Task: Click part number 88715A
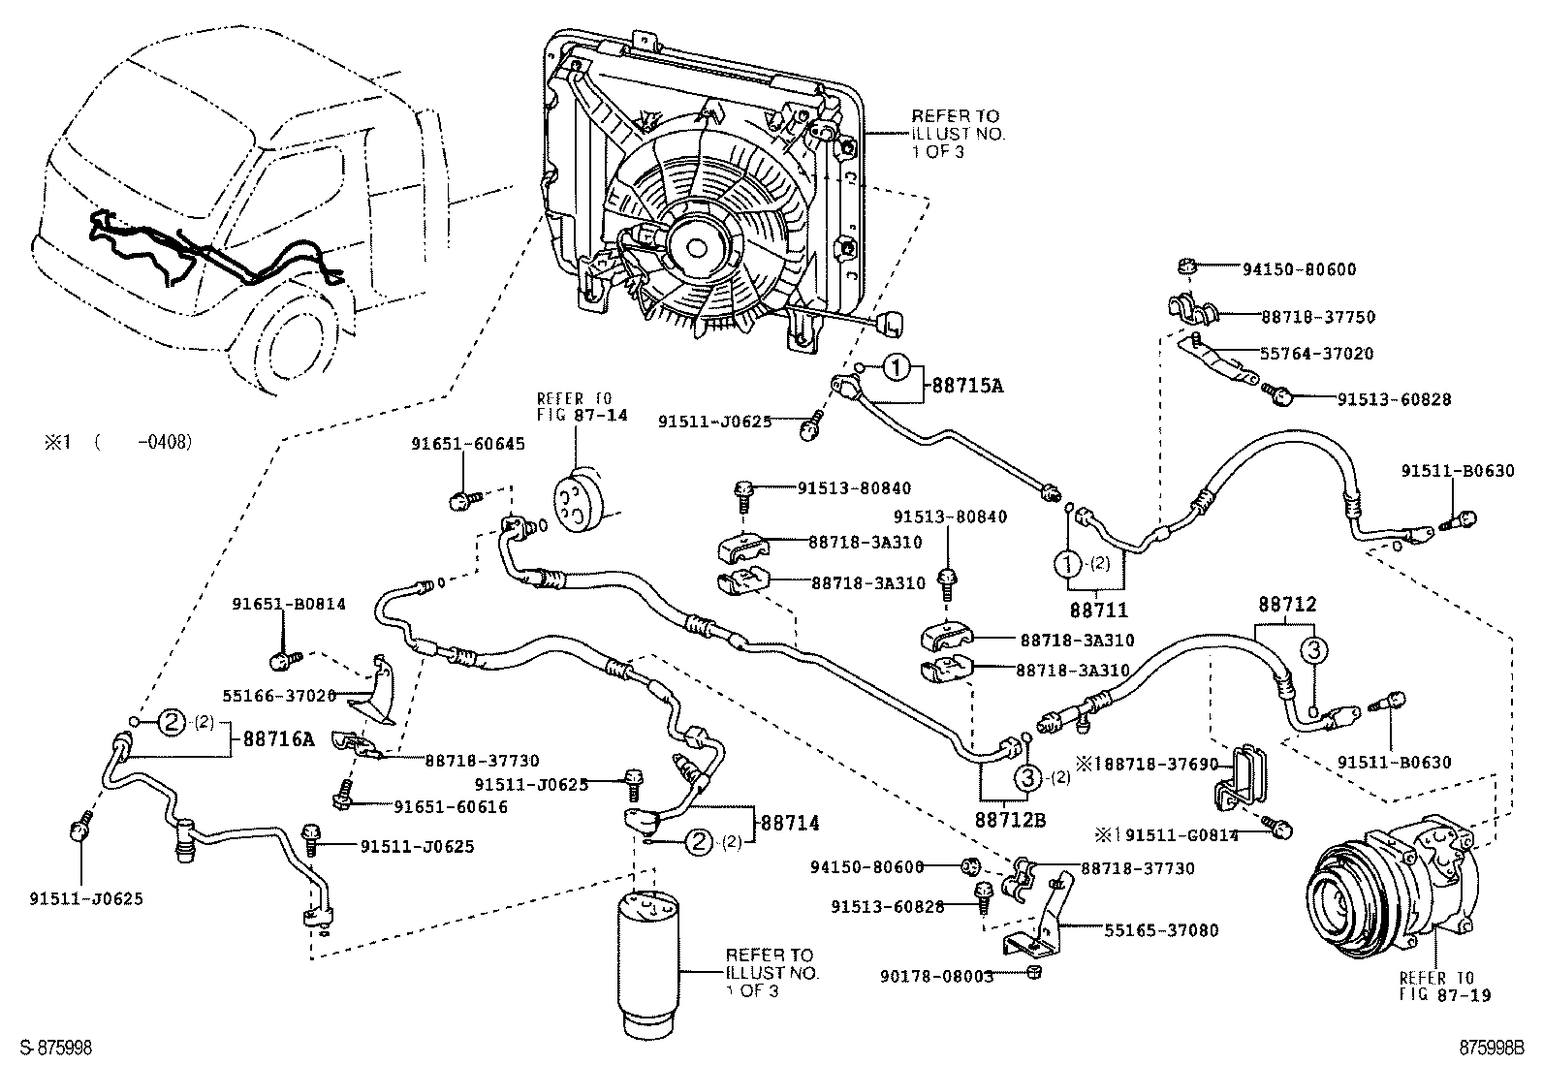tap(967, 385)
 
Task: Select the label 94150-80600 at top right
tap(1287, 269)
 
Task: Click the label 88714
tap(789, 823)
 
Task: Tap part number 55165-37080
tap(1161, 930)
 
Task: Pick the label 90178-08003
tap(937, 976)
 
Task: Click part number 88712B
tap(1012, 820)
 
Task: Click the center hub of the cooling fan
tap(695, 247)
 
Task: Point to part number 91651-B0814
tap(288, 604)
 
